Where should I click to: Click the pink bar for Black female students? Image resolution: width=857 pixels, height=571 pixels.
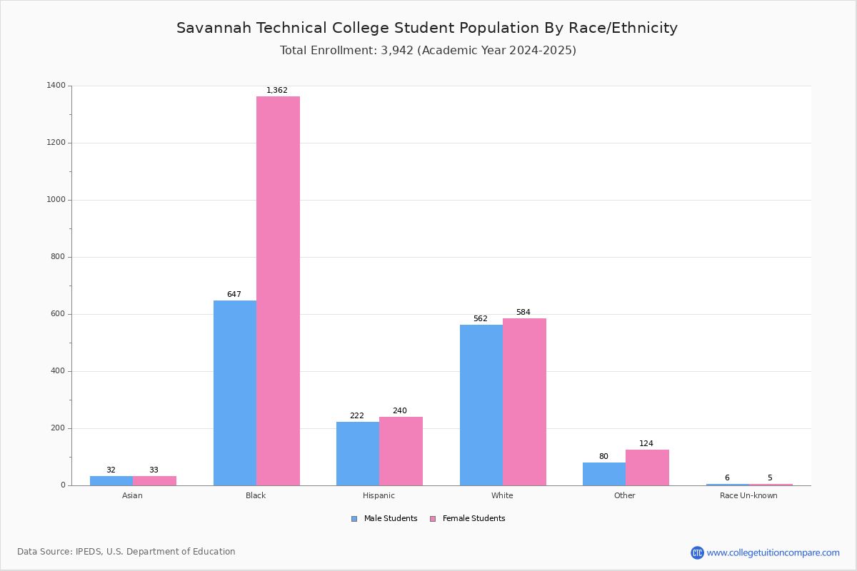pos(278,290)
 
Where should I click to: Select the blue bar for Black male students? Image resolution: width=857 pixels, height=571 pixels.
pos(235,393)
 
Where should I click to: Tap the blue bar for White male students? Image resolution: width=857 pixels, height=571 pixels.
pos(481,405)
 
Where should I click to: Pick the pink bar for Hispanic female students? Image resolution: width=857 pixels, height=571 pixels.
pos(401,451)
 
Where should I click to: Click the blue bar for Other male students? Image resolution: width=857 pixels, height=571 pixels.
pos(604,474)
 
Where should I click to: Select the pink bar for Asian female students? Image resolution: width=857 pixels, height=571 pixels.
pos(154,480)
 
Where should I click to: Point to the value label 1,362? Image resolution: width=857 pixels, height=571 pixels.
pos(277,91)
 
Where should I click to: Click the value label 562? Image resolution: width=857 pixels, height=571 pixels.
pos(480,319)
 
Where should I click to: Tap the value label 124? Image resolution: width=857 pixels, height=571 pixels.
pos(646,444)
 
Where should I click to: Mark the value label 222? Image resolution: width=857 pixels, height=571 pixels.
pos(356,416)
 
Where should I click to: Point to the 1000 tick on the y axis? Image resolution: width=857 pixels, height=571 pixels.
pos(56,200)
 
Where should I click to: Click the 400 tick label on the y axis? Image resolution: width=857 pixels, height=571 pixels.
pos(58,371)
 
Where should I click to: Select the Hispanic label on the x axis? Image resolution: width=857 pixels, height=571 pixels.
pos(379,496)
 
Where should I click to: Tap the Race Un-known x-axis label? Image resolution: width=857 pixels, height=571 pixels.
pos(748,496)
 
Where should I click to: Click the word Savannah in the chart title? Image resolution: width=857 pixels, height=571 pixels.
pos(210,29)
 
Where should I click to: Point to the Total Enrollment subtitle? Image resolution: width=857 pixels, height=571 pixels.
pos(428,51)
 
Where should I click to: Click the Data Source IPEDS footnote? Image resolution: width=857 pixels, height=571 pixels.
pos(126,552)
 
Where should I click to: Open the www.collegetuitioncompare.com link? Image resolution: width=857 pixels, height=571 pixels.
pos(773,553)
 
